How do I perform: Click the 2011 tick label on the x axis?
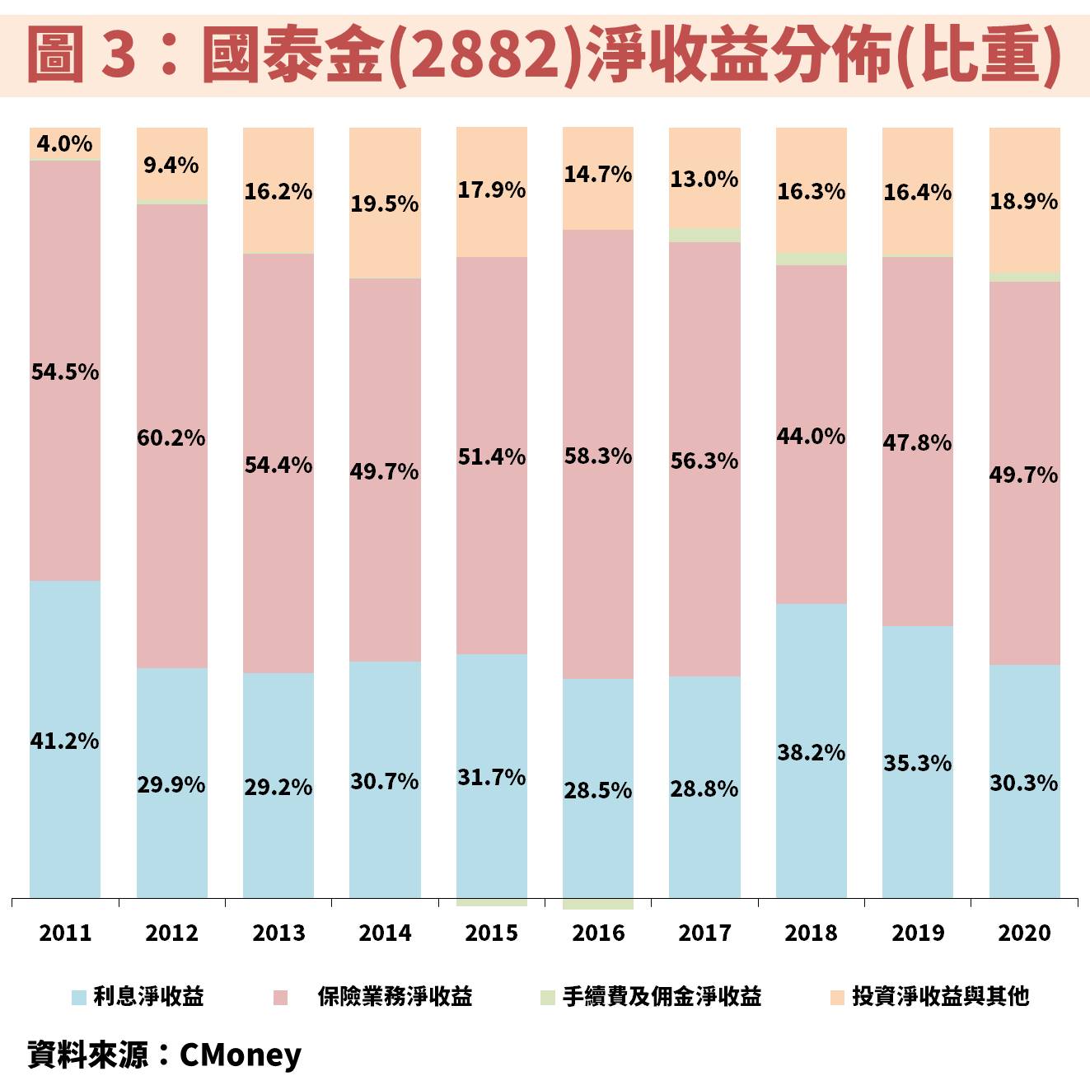pos(65,933)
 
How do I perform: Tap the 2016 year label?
pos(598,933)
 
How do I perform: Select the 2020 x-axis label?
pos(1024,933)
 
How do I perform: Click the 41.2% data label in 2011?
pos(64,741)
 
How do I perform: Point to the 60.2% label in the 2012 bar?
pos(171,437)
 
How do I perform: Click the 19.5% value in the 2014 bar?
pos(385,203)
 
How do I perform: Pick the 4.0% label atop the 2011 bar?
pos(64,143)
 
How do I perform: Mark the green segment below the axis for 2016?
pos(598,905)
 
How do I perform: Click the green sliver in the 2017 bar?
pos(704,235)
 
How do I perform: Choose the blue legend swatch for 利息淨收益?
pos(79,997)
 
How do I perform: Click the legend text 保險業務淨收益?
pos(395,997)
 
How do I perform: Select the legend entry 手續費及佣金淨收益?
pos(662,997)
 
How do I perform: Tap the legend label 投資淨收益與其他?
pos(940,997)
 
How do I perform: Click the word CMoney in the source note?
pos(241,1055)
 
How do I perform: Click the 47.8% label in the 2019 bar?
pos(917,443)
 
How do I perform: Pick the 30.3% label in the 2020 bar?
pos(1023,783)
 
